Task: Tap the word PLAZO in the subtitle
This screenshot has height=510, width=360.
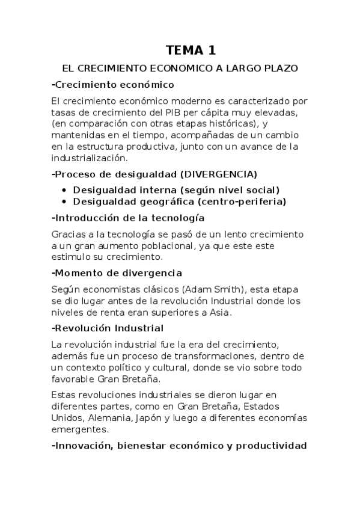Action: (x=280, y=69)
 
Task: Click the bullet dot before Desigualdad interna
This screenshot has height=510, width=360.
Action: (x=65, y=189)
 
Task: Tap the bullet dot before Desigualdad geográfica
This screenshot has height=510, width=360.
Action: (x=65, y=201)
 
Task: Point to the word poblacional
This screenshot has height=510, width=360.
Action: (x=174, y=245)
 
